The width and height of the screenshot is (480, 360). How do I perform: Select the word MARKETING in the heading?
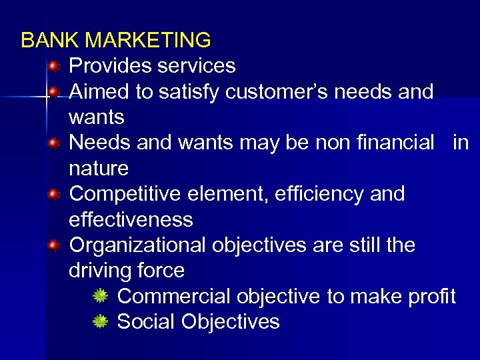point(148,41)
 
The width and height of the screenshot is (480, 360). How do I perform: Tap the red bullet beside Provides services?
point(54,66)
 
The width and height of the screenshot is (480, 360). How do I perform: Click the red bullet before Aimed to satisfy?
point(54,91)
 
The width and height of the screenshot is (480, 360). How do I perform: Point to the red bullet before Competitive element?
point(54,194)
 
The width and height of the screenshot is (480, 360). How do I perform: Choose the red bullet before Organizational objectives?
point(54,245)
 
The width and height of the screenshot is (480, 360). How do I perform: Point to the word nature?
point(99,168)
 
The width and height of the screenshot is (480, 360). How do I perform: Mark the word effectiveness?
point(131,219)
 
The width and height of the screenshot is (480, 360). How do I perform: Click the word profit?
point(430,296)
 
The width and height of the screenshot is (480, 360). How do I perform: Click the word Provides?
point(109,66)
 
